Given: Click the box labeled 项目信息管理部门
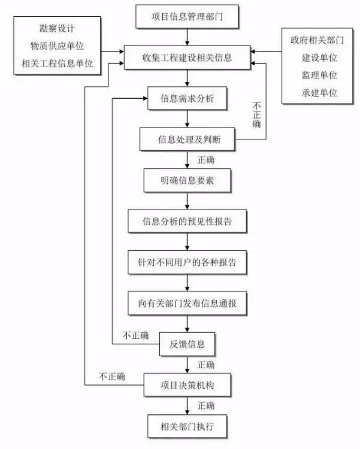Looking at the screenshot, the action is point(187,17).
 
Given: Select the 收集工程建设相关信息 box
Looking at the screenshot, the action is point(187,57).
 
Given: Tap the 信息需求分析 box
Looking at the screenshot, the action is point(187,99).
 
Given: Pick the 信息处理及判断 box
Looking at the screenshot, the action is point(187,139).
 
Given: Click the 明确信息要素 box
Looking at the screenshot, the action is point(187,180).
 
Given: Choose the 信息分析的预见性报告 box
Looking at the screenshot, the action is point(187,222).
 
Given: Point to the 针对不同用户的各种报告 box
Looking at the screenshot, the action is point(187,262).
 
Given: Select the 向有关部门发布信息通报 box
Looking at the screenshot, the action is point(187,304).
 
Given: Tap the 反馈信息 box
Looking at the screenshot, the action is point(187,344).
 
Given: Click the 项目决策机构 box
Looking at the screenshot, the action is point(187,385).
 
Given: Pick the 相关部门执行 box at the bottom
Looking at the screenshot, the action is point(187,426).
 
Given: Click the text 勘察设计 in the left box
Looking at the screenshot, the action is point(57,28).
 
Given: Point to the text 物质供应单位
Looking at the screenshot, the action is point(57,46).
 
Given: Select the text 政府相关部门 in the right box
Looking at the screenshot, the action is point(317,40).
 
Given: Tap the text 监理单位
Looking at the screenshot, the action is point(319,75).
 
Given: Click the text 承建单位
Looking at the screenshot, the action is point(319,93).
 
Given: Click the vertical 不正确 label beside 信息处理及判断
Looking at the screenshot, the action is point(256,115).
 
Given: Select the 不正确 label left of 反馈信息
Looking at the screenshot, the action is point(135,335).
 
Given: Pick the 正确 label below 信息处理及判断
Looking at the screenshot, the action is point(206,160).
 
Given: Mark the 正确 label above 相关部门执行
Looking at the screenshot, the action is point(206,406).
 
